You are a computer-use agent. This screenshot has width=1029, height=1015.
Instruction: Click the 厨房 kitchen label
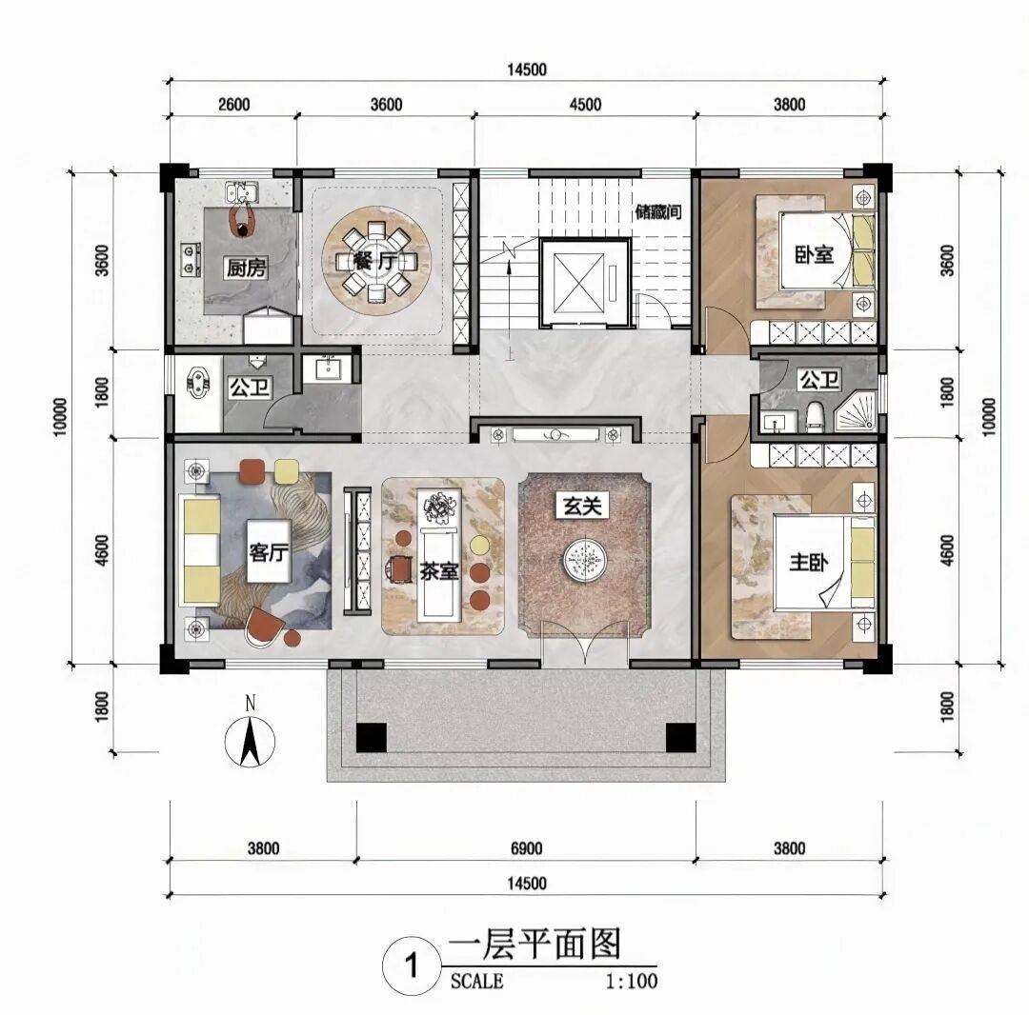247,268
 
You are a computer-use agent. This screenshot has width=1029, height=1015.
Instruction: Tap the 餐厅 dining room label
376,262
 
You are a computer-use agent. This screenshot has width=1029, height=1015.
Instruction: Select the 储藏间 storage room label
658,212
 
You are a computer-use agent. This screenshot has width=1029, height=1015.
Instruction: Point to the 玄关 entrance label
583,506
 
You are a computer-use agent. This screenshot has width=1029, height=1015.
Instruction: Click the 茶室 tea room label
439,571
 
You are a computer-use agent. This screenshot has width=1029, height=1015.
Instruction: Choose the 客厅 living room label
269,552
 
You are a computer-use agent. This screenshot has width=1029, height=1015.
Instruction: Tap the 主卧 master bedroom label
809,562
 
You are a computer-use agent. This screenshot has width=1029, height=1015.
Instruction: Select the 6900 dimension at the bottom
526,848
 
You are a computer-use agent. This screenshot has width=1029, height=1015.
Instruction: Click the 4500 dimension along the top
585,105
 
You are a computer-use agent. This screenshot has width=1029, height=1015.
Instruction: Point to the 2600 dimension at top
233,105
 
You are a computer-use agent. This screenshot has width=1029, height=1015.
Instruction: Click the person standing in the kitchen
242,218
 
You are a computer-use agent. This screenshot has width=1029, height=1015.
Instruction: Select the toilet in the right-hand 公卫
815,417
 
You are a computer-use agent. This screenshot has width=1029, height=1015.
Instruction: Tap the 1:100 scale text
631,981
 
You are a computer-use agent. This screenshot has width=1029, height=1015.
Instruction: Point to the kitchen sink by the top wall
242,191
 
